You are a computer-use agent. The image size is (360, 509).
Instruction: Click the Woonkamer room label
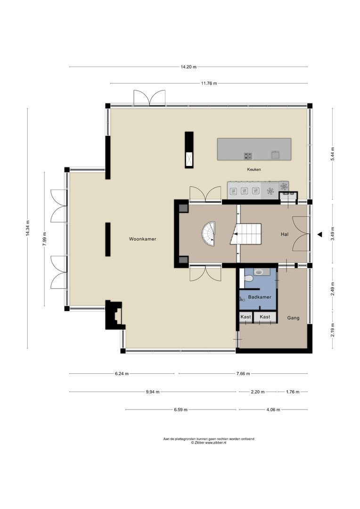point(142,239)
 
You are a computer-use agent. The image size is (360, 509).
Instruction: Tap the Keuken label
point(254,169)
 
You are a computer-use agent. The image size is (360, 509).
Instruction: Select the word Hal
point(284,234)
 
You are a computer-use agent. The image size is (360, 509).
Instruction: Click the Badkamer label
point(258,297)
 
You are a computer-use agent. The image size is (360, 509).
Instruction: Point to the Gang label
point(293,318)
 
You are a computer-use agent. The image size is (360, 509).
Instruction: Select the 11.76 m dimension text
point(209,83)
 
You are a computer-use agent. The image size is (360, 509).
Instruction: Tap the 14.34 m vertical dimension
point(28,229)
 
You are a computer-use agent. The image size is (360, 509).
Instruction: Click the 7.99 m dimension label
point(45,239)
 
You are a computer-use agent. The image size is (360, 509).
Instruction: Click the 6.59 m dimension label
point(180,410)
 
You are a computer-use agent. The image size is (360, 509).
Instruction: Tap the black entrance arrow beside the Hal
point(319,234)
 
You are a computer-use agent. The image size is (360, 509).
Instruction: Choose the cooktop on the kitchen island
point(248,156)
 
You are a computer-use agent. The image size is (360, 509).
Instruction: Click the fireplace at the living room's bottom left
point(115,315)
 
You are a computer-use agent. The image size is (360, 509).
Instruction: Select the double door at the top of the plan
point(149,98)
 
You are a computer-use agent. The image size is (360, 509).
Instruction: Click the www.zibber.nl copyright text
point(208,443)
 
